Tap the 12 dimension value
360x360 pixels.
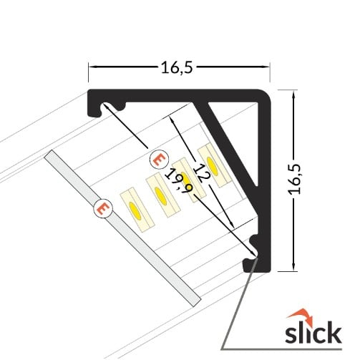click(x=203, y=172)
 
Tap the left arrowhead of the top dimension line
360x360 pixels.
click(x=90, y=68)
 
